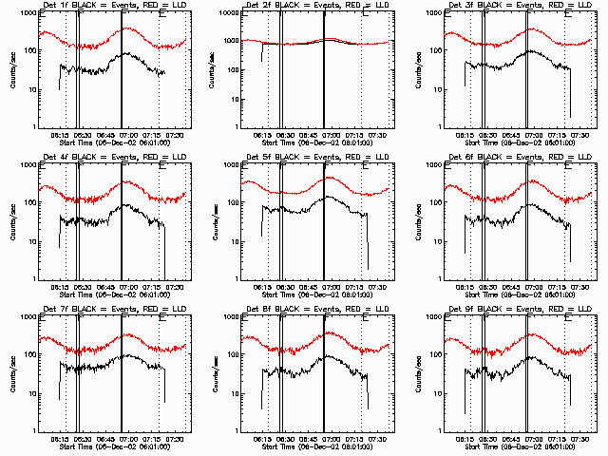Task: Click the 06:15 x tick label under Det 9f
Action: point(465,438)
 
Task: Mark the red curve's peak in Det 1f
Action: point(126,28)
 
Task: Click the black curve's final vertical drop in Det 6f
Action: point(571,242)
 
